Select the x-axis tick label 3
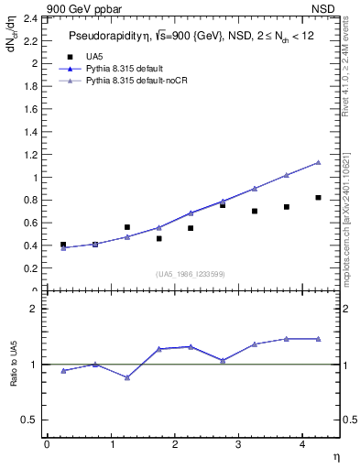point(238,444)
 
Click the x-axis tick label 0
point(47,444)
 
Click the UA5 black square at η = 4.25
point(318,198)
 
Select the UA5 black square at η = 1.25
point(127,227)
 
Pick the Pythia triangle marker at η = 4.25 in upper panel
point(318,162)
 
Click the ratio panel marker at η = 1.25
point(127,377)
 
